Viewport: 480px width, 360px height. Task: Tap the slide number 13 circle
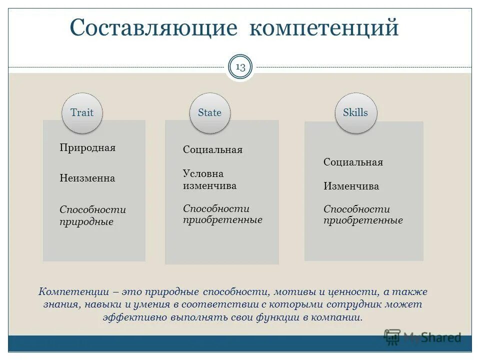pyautogui.click(x=240, y=67)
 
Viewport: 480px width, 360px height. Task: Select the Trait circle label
pyautogui.click(x=82, y=112)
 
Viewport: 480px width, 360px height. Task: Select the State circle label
pyautogui.click(x=209, y=112)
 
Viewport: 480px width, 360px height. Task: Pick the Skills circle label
pyautogui.click(x=355, y=112)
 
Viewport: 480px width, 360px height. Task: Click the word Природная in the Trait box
pyautogui.click(x=87, y=148)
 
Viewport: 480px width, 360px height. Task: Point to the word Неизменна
pyautogui.click(x=87, y=178)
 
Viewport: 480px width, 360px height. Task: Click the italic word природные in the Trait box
pyautogui.click(x=86, y=222)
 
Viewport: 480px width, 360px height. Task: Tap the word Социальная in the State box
pyautogui.click(x=212, y=150)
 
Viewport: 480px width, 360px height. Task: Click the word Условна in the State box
pyautogui.click(x=203, y=174)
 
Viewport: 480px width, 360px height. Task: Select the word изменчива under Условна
pyautogui.click(x=209, y=186)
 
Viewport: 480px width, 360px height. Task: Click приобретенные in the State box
pyautogui.click(x=222, y=220)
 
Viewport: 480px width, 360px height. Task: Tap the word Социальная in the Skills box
pyautogui.click(x=353, y=162)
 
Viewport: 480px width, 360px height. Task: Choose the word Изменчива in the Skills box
pyautogui.click(x=351, y=186)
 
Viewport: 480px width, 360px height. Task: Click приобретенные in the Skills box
pyautogui.click(x=363, y=220)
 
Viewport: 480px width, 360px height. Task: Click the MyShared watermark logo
pyautogui.click(x=422, y=337)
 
